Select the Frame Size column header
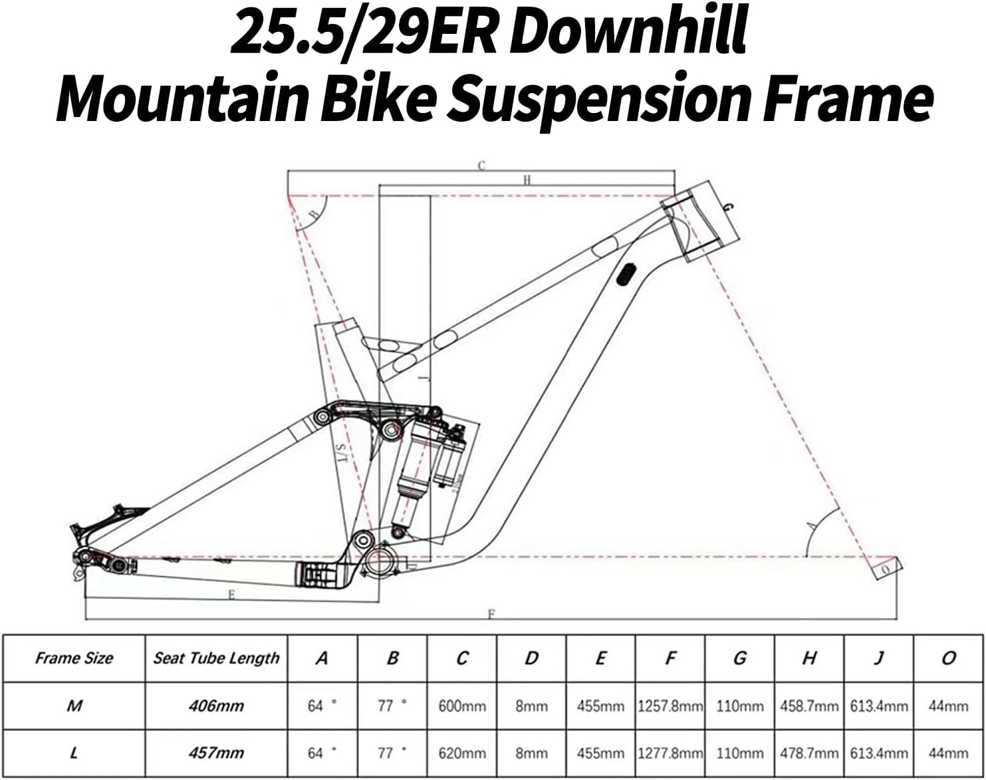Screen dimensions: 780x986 click(x=74, y=658)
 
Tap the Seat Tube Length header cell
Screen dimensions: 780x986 click(x=216, y=658)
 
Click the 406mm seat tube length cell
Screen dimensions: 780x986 click(x=216, y=706)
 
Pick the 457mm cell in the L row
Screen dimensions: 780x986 click(x=216, y=753)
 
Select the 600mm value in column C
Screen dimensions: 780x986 click(x=462, y=706)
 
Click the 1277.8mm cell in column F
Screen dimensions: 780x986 click(x=670, y=753)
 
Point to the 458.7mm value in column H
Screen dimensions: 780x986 click(x=808, y=706)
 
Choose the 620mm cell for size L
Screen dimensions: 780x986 click(x=462, y=753)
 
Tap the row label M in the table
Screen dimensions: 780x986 click(x=74, y=706)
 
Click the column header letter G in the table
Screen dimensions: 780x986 click(x=739, y=658)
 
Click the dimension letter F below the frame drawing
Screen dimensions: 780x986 click(x=491, y=614)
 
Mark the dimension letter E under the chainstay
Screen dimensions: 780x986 click(x=231, y=595)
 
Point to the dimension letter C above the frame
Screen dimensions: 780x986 click(x=482, y=166)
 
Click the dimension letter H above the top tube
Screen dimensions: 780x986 click(x=527, y=180)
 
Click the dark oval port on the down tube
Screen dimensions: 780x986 click(x=626, y=274)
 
